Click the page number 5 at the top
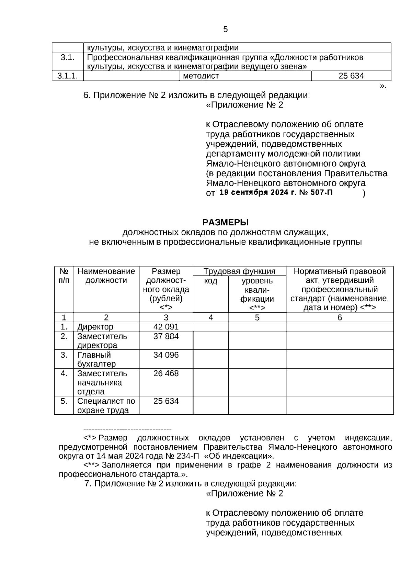[x=225, y=30]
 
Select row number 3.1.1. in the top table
[x=67, y=76]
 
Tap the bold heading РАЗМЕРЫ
[x=225, y=222]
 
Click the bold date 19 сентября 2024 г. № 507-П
[x=276, y=192]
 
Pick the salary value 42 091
[x=166, y=327]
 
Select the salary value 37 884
[x=166, y=336]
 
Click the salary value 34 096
[x=166, y=355]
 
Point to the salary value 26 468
[x=166, y=373]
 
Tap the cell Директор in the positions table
[x=95, y=327]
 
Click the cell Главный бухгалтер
[x=96, y=359]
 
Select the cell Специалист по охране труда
[x=106, y=406]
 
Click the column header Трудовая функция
[x=239, y=271]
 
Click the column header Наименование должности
[x=106, y=276]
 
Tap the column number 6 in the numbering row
[x=340, y=318]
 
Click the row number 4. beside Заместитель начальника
[x=64, y=373]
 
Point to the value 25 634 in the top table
[x=351, y=76]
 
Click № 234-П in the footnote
[x=186, y=456]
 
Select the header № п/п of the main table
[x=64, y=276]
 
